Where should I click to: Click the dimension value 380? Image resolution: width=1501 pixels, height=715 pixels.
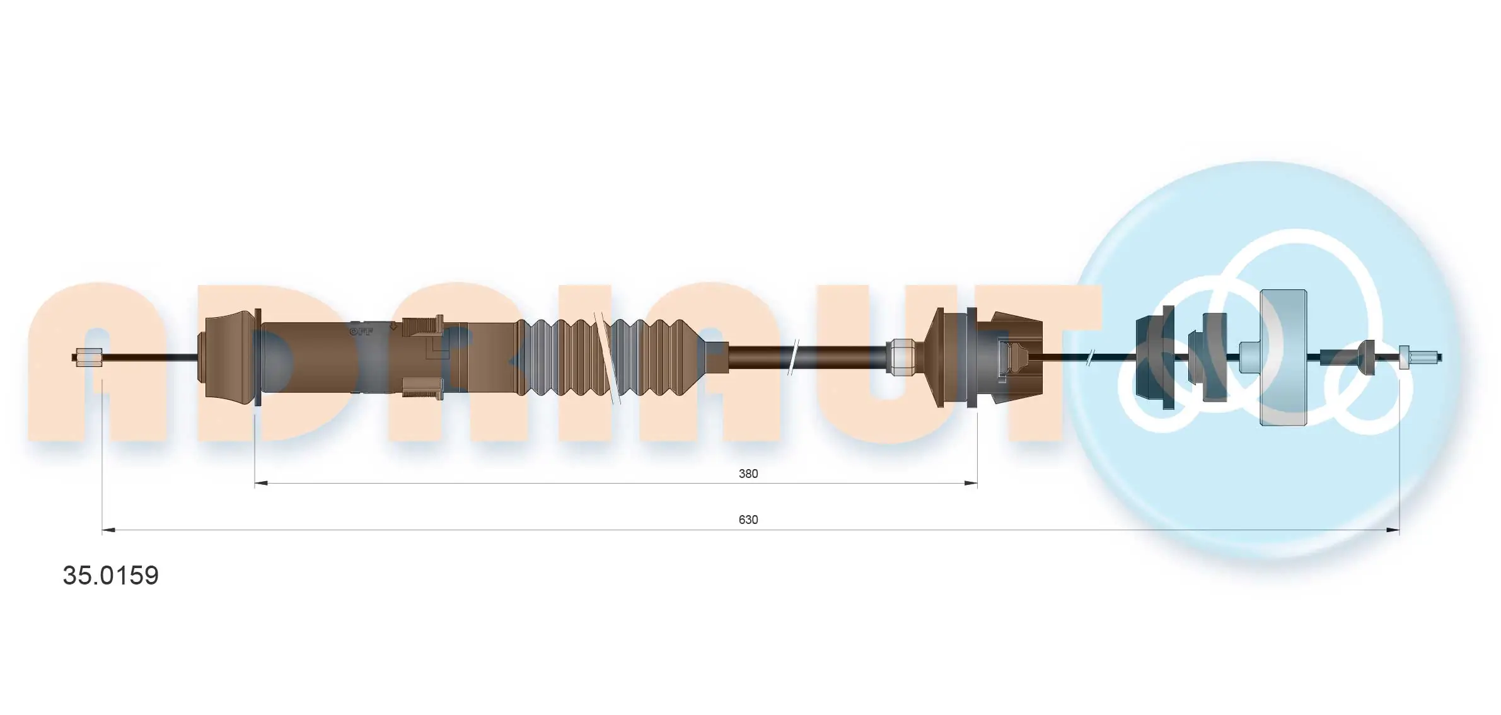pyautogui.click(x=748, y=474)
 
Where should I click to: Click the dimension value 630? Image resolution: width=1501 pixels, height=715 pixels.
pyautogui.click(x=748, y=520)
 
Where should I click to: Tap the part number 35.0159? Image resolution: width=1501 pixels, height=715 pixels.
pyautogui.click(x=111, y=575)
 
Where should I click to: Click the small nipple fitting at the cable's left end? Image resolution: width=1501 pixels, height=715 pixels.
pyautogui.click(x=89, y=357)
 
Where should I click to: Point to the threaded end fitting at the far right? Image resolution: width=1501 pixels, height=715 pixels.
pyautogui.click(x=1418, y=357)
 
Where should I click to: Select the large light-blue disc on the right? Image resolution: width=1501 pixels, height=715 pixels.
pyautogui.click(x=1282, y=357)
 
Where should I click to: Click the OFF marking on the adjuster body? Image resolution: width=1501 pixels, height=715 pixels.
pyautogui.click(x=362, y=330)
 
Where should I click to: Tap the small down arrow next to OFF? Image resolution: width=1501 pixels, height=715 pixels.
pyautogui.click(x=393, y=327)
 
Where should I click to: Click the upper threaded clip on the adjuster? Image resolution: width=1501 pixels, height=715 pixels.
pyautogui.click(x=422, y=327)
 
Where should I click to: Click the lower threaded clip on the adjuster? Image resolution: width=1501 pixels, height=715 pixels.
pyautogui.click(x=422, y=388)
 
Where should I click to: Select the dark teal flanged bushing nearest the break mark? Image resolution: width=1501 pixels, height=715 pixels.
pyautogui.click(x=1154, y=357)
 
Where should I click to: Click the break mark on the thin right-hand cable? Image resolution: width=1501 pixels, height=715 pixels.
pyautogui.click(x=1090, y=357)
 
